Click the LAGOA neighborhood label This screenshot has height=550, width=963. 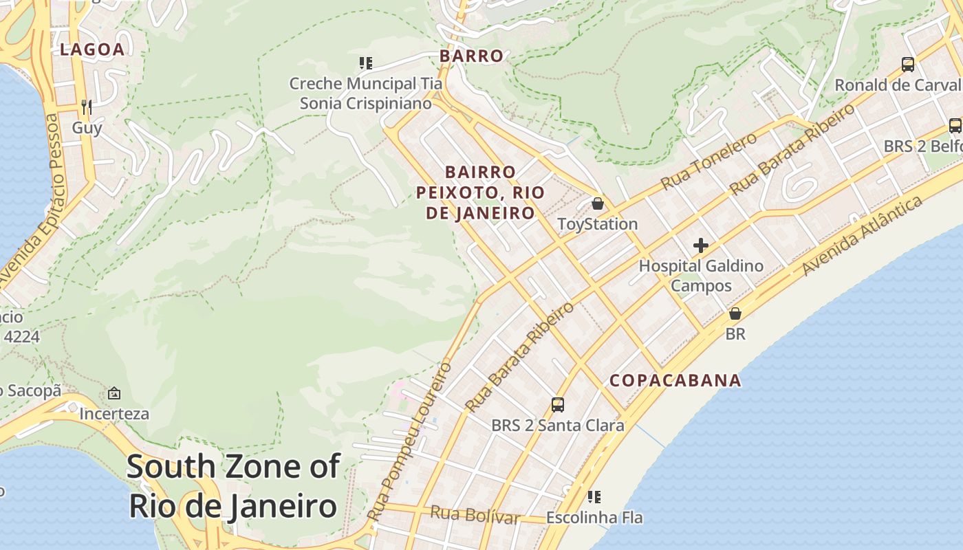tap(92, 49)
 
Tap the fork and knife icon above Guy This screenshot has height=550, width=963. tap(87, 107)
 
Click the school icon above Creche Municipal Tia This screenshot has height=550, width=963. tap(365, 64)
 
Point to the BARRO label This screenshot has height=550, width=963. tap(471, 56)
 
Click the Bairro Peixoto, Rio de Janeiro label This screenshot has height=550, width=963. tap(480, 192)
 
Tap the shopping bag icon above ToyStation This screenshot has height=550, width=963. tap(597, 203)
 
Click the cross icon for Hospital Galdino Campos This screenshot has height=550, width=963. tap(701, 245)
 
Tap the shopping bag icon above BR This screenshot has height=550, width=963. tap(735, 313)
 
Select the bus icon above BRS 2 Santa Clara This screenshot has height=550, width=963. tap(558, 404)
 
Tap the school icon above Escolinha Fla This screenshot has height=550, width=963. tap(594, 496)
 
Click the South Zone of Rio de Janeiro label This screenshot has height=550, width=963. tap(232, 486)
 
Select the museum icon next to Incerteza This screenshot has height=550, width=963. tap(114, 394)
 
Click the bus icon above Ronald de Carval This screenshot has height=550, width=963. tap(908, 65)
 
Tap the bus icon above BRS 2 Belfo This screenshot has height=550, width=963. tap(955, 126)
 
